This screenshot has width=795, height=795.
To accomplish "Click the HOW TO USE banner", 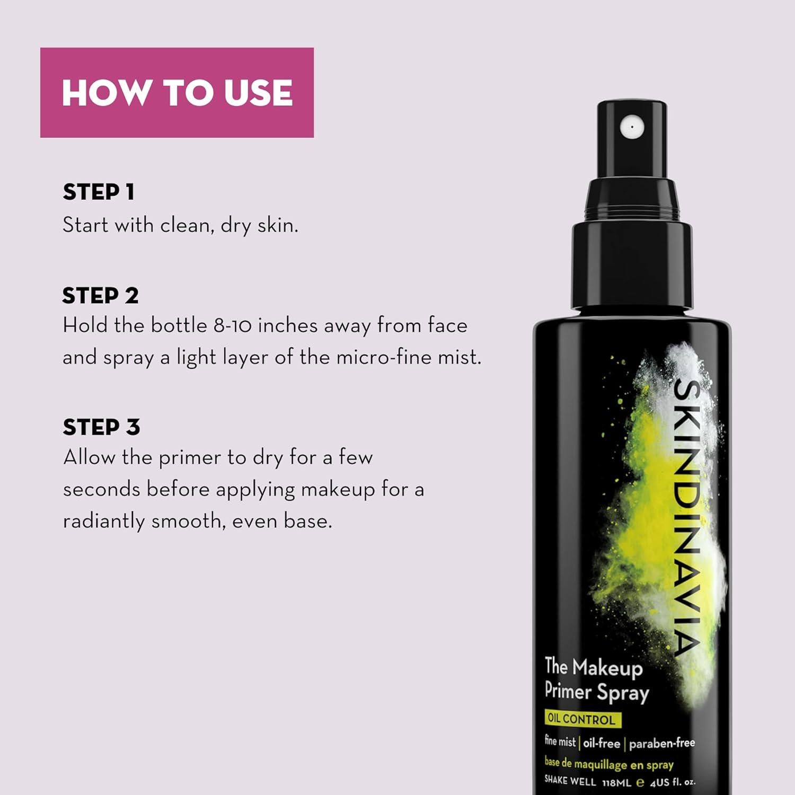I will coord(176,93).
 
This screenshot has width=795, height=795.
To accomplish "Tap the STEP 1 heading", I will coord(99,192).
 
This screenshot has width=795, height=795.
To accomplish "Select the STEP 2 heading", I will coord(100,296).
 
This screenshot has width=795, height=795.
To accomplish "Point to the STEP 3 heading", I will coord(101,427).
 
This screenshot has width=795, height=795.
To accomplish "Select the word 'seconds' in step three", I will coord(101,489).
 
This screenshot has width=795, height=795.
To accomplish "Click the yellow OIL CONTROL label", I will coord(581,719).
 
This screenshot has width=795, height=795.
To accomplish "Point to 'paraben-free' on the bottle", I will coord(661,743).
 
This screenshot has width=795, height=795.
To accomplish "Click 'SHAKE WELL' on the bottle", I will coord(570,781).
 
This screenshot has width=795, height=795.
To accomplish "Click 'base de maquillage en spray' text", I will coord(608,764).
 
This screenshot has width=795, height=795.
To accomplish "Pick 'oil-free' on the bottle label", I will coord(602,743).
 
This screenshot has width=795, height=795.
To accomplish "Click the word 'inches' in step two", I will coord(288,325).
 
